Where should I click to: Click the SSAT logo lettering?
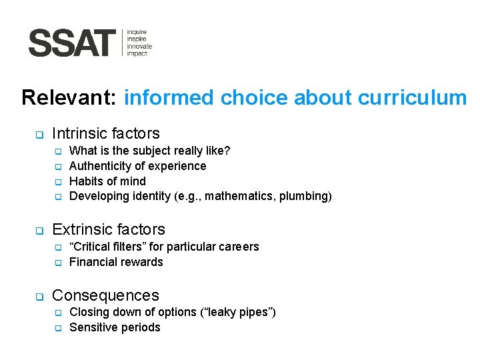pyautogui.click(x=72, y=43)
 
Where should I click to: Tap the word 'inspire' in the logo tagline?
pyautogui.click(x=137, y=39)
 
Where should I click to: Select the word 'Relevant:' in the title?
pyautogui.click(x=70, y=98)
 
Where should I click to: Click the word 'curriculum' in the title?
pyautogui.click(x=412, y=98)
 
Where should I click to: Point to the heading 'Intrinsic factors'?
pyautogui.click(x=106, y=133)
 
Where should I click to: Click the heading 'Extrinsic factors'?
pyautogui.click(x=109, y=229)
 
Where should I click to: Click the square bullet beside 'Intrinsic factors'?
pyautogui.click(x=39, y=135)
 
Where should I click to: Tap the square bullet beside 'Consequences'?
pyautogui.click(x=39, y=297)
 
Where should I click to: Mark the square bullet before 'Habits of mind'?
pyautogui.click(x=58, y=182)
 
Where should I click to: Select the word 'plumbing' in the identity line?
pyautogui.click(x=303, y=196)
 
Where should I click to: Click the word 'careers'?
pyautogui.click(x=238, y=247)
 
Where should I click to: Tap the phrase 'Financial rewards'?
pyautogui.click(x=116, y=262)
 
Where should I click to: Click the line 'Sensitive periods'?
pyautogui.click(x=115, y=327)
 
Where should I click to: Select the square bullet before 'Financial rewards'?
pyautogui.click(x=58, y=263)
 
